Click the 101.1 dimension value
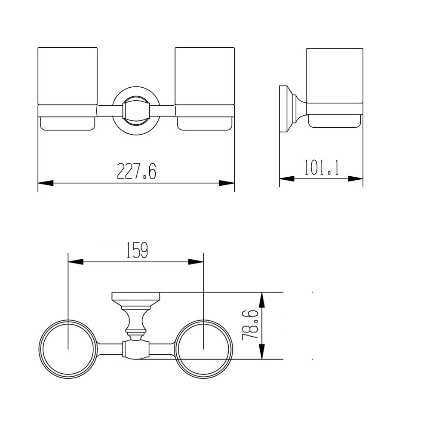point(322,167)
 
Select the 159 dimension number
point(137,250)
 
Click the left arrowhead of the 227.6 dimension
point(46,183)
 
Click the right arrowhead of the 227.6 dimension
point(227,183)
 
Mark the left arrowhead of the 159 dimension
point(76,261)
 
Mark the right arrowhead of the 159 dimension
point(196,261)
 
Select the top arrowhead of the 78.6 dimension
point(262,300)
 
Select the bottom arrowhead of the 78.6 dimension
point(262,352)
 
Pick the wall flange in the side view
point(284,109)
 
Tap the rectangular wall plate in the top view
point(136,297)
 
